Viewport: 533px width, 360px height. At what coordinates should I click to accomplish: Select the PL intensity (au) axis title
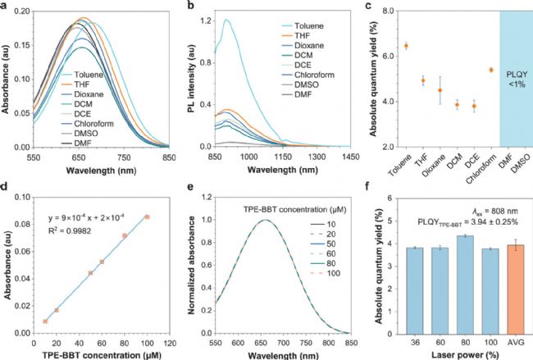click(190, 78)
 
